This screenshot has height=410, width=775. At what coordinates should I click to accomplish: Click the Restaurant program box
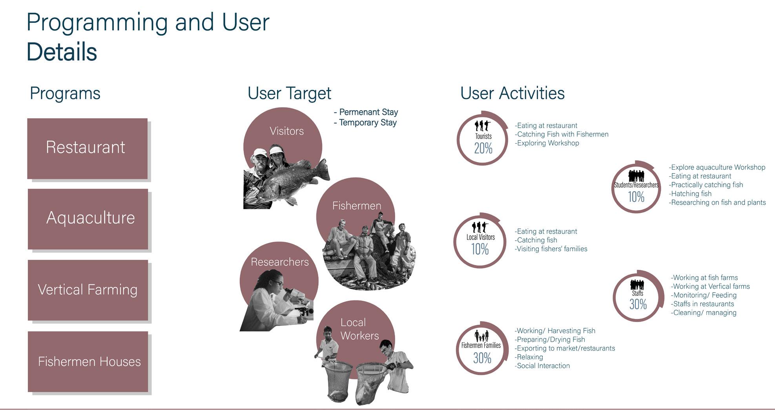click(x=88, y=148)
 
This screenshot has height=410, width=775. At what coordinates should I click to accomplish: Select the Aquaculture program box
click(x=88, y=219)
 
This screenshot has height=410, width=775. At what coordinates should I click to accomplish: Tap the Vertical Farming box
click(x=88, y=290)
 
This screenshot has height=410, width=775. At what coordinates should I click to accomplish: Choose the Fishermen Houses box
click(x=88, y=362)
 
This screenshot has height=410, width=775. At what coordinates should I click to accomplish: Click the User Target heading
click(x=289, y=93)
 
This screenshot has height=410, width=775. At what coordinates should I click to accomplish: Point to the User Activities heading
click(x=512, y=93)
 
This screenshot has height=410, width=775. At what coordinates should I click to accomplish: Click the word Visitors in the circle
click(x=286, y=131)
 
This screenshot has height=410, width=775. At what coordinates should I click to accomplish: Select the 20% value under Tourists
click(x=483, y=148)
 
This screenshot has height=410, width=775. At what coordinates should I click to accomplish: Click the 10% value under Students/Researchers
click(x=636, y=197)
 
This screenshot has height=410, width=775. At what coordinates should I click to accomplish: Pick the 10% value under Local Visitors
click(x=480, y=249)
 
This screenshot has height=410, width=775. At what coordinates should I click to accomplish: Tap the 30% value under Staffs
click(x=638, y=304)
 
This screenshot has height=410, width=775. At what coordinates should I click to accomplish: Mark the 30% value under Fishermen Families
click(x=482, y=358)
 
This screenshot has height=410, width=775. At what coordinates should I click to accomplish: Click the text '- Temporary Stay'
click(x=365, y=123)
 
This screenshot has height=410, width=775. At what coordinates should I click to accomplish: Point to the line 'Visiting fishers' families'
click(x=551, y=249)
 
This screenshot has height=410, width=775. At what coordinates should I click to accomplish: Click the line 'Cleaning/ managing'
click(x=704, y=313)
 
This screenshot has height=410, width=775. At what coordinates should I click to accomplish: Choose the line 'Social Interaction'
click(x=542, y=366)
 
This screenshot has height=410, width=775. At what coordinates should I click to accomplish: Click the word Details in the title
click(x=62, y=52)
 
